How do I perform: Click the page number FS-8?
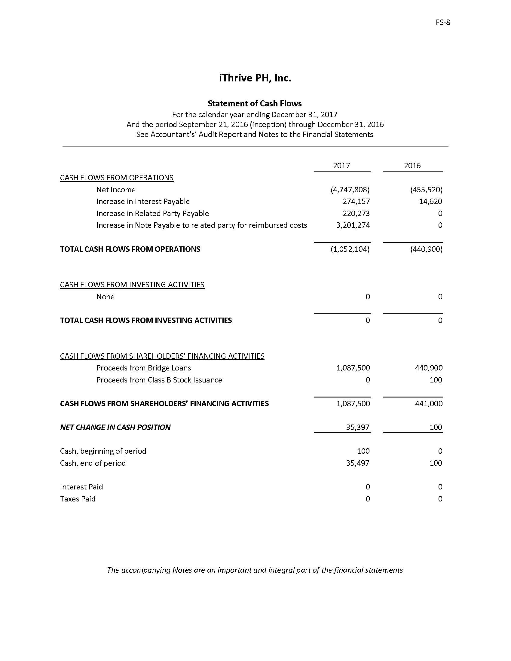tap(442, 23)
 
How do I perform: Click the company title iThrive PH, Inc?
tap(255, 78)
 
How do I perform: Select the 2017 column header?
tap(341, 166)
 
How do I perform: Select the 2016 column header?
tap(412, 166)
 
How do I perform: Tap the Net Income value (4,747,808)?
tap(350, 190)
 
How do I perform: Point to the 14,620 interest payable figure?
tap(430, 202)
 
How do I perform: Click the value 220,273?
tap(356, 213)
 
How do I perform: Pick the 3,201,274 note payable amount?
tap(353, 225)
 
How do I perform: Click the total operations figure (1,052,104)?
tap(350, 249)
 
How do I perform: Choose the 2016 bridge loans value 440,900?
tap(429, 368)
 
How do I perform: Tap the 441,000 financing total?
tap(429, 404)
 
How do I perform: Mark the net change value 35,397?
tap(357, 427)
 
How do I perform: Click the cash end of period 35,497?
tap(357, 463)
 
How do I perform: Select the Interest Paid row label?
tap(81, 487)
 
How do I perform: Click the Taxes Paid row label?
tap(78, 499)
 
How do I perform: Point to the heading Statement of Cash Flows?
tap(255, 104)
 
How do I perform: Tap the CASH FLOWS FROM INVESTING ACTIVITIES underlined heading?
tap(132, 285)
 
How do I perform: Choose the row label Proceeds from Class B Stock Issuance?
tap(159, 380)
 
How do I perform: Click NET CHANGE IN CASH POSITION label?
tap(115, 427)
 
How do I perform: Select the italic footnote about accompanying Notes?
tap(255, 570)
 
